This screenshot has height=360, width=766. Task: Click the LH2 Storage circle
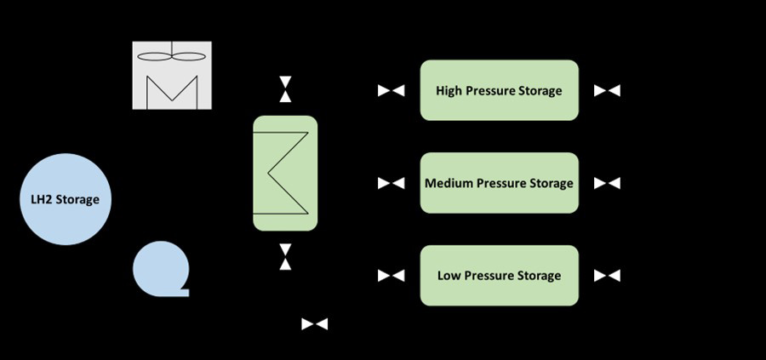(x=65, y=200)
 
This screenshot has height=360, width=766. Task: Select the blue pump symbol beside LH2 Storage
(x=160, y=269)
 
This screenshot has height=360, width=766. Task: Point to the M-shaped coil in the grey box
(x=171, y=92)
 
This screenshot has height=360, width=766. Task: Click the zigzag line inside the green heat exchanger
(x=285, y=174)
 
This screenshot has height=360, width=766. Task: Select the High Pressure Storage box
(x=499, y=90)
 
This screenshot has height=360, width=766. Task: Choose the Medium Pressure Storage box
(x=499, y=183)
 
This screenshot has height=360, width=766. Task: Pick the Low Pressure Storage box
(x=499, y=276)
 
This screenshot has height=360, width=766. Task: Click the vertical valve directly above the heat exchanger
(x=286, y=89)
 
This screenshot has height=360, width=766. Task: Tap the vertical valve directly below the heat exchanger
(x=286, y=256)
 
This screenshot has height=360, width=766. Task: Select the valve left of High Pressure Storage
(x=392, y=90)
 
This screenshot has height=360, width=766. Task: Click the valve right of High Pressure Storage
(x=607, y=90)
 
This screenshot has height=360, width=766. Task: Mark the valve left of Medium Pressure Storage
(x=392, y=183)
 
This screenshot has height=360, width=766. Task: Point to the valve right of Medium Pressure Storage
(x=607, y=183)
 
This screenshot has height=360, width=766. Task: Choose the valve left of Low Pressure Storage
(x=392, y=276)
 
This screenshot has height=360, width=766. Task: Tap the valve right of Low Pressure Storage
(x=607, y=276)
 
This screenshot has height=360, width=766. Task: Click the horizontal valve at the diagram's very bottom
(x=315, y=324)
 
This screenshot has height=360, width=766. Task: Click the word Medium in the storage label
(x=449, y=183)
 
